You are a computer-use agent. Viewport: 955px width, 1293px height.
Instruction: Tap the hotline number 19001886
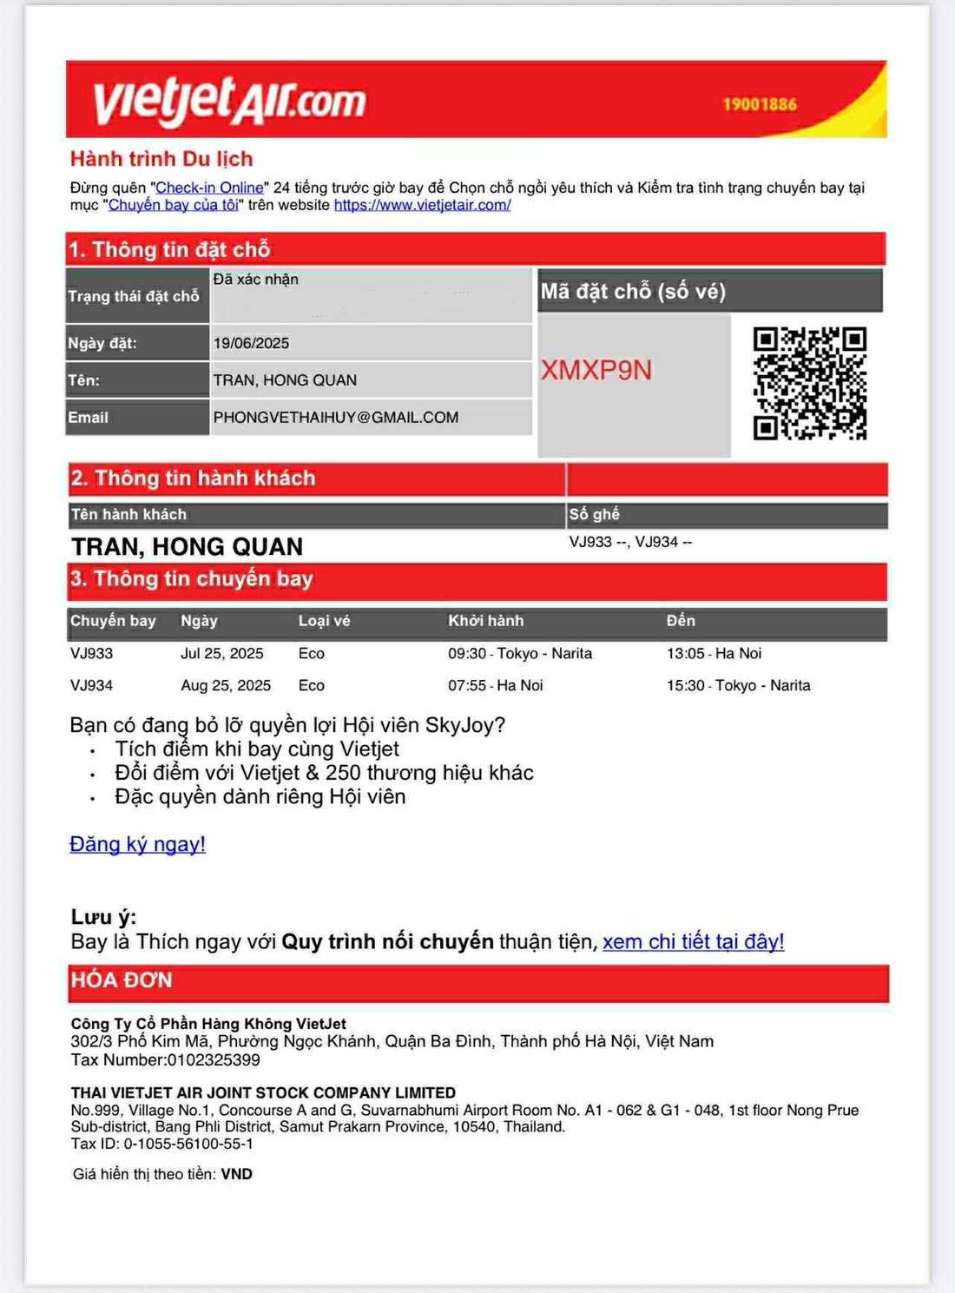tap(760, 104)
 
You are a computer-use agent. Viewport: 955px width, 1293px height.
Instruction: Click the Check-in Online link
tap(209, 188)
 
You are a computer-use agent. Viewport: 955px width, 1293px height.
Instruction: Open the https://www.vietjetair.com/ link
tap(422, 205)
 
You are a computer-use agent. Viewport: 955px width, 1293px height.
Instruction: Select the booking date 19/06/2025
tap(251, 343)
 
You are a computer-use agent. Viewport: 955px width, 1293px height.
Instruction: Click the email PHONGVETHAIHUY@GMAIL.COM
tap(335, 417)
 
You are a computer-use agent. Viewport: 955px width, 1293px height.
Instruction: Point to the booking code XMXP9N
tap(596, 371)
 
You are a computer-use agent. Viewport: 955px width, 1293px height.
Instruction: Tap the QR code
tap(809, 383)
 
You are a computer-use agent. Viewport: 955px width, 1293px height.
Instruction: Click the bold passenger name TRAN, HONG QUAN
tap(187, 546)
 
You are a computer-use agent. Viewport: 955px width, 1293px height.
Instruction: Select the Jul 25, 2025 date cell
tap(221, 653)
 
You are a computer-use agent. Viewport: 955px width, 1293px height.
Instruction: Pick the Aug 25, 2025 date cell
tap(226, 685)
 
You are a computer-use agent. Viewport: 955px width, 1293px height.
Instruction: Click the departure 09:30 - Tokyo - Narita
tap(519, 653)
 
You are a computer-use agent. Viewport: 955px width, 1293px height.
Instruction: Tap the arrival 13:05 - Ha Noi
tap(714, 653)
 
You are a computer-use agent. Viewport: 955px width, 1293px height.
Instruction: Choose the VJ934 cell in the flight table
tap(91, 685)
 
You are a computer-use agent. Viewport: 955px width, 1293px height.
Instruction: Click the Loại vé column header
tap(324, 621)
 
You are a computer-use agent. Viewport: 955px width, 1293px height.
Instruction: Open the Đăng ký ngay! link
tap(137, 844)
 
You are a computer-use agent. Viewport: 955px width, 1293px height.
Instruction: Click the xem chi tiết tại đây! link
tap(693, 941)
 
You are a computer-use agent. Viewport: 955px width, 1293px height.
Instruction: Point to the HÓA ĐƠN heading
tap(122, 980)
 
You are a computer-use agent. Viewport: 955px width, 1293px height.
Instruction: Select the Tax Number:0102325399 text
tap(165, 1059)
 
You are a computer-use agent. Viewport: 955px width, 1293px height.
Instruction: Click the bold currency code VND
tap(236, 1174)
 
